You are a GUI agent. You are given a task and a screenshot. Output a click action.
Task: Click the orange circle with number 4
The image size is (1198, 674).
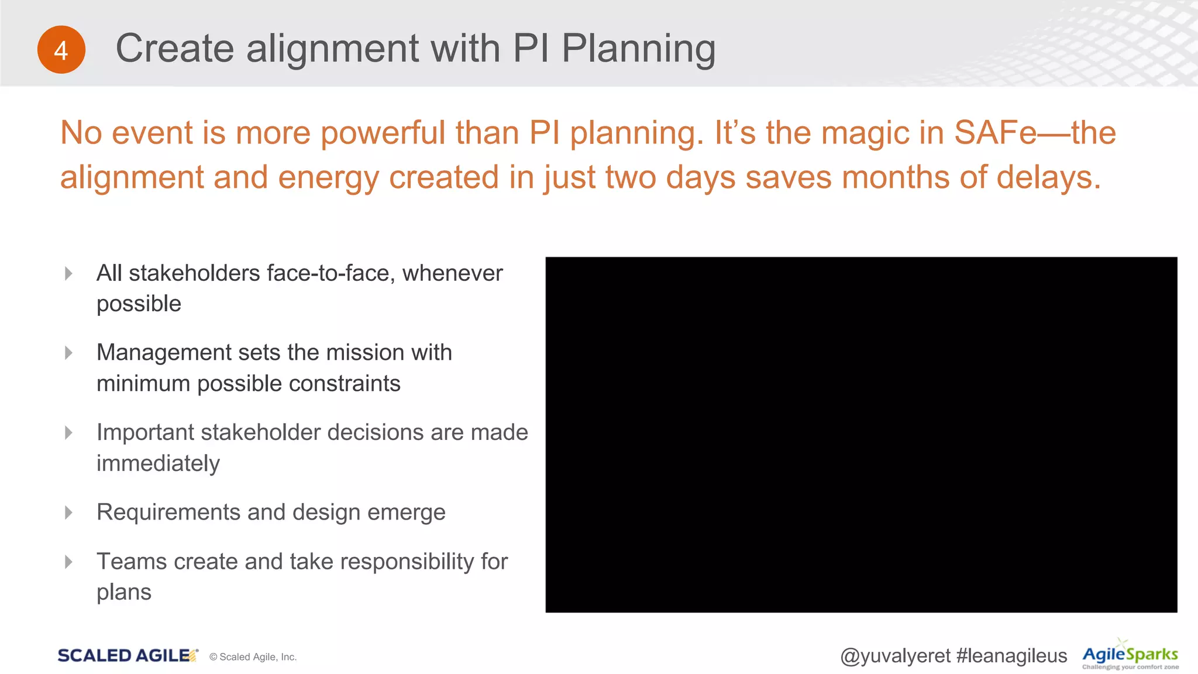(x=61, y=50)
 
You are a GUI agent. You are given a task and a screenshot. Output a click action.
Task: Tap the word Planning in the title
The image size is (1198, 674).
(x=638, y=49)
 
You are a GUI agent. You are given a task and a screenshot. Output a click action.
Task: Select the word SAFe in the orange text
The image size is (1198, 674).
(x=995, y=132)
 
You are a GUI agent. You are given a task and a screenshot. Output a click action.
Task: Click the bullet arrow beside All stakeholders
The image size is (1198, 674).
(x=68, y=273)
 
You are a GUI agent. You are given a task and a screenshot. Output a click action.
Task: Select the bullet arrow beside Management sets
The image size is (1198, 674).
(x=68, y=353)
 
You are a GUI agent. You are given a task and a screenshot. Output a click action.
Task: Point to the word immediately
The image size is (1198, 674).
(x=158, y=463)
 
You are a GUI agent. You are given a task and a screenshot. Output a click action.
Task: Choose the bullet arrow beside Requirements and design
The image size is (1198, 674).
(x=68, y=513)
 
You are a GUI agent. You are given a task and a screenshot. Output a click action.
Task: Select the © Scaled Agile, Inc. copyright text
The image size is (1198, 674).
(x=253, y=657)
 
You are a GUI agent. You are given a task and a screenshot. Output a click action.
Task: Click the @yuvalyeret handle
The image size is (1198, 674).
(x=895, y=656)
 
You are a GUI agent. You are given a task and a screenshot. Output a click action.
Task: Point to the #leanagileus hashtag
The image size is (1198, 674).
(x=1011, y=656)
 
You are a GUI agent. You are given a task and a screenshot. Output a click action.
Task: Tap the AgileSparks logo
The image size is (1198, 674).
(x=1130, y=655)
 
